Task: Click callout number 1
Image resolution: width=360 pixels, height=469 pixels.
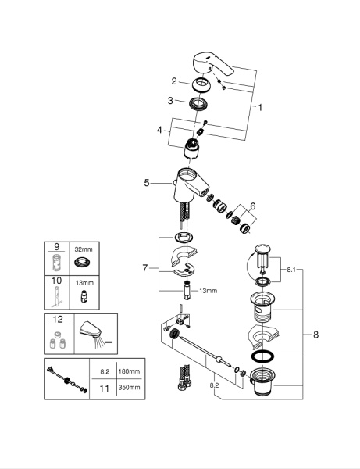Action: (x=260, y=107)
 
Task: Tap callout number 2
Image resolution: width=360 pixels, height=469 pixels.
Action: (x=176, y=81)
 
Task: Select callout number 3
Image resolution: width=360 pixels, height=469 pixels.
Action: (x=169, y=101)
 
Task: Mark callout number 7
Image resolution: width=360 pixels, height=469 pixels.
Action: (x=144, y=268)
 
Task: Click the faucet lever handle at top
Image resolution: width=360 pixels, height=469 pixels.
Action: (x=210, y=66)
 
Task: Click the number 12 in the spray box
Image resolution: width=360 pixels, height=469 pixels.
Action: (x=55, y=320)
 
